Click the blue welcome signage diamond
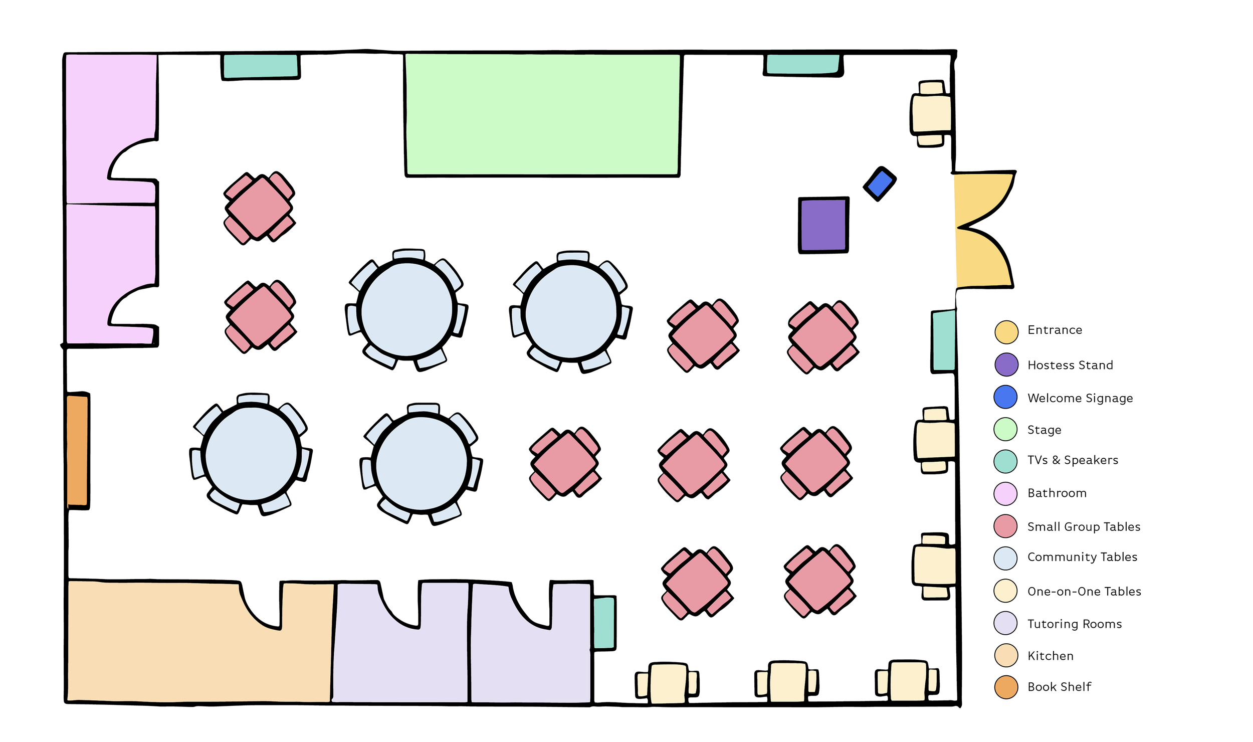pos(880,184)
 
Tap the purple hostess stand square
pos(823,225)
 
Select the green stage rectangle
pos(542,115)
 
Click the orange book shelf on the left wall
pos(78,450)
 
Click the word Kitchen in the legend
pos(1051,656)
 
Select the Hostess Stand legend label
pos(1070,365)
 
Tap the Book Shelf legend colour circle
pos(1006,687)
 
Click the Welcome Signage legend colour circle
pos(1005,397)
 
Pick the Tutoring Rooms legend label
pos(1075,624)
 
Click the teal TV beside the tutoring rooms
pos(604,623)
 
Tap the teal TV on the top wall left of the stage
pos(261,66)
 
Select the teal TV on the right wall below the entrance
pos(943,341)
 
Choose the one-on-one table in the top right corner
pos(931,114)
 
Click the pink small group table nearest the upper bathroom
pos(259,208)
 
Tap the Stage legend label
pos(1044,430)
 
